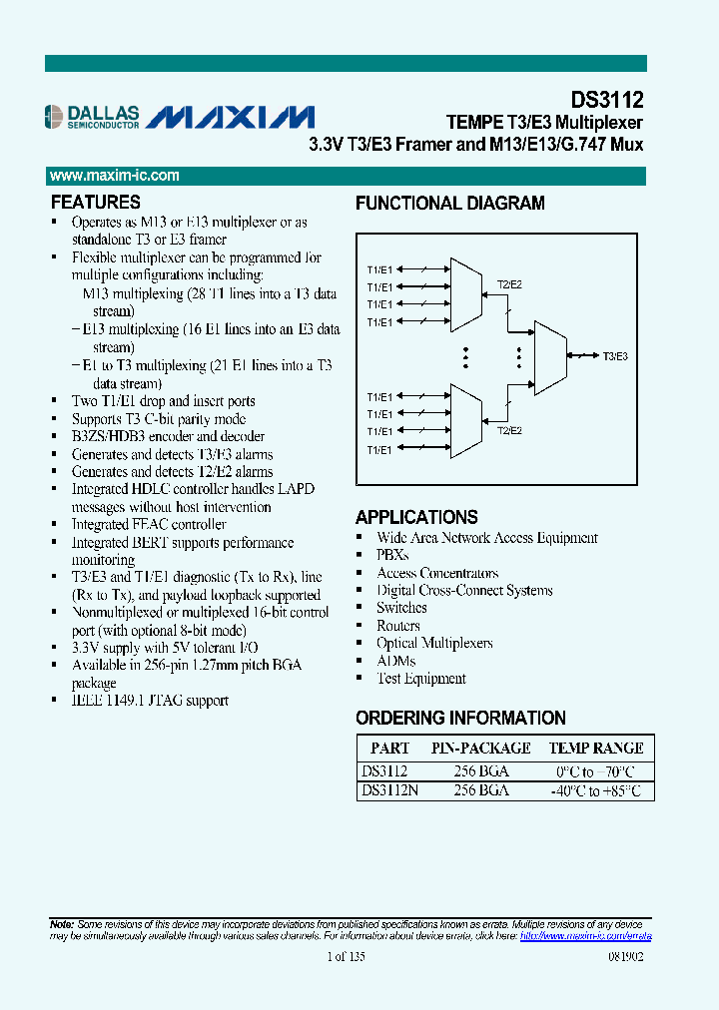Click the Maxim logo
tap(231, 118)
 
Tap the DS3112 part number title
tap(606, 100)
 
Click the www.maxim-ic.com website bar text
tap(115, 176)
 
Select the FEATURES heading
tap(95, 202)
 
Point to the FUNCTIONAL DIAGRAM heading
tap(449, 204)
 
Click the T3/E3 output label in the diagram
tap(614, 355)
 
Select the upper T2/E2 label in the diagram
tap(509, 284)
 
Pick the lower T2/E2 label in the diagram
tap(509, 431)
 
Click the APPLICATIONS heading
tap(416, 517)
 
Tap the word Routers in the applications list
tap(397, 626)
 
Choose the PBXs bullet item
tap(391, 555)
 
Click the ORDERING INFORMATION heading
tap(460, 718)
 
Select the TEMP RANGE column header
tap(596, 748)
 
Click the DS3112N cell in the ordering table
tap(389, 789)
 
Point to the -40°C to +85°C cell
tap(596, 790)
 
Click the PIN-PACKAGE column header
tap(480, 748)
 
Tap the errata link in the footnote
tap(586, 936)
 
